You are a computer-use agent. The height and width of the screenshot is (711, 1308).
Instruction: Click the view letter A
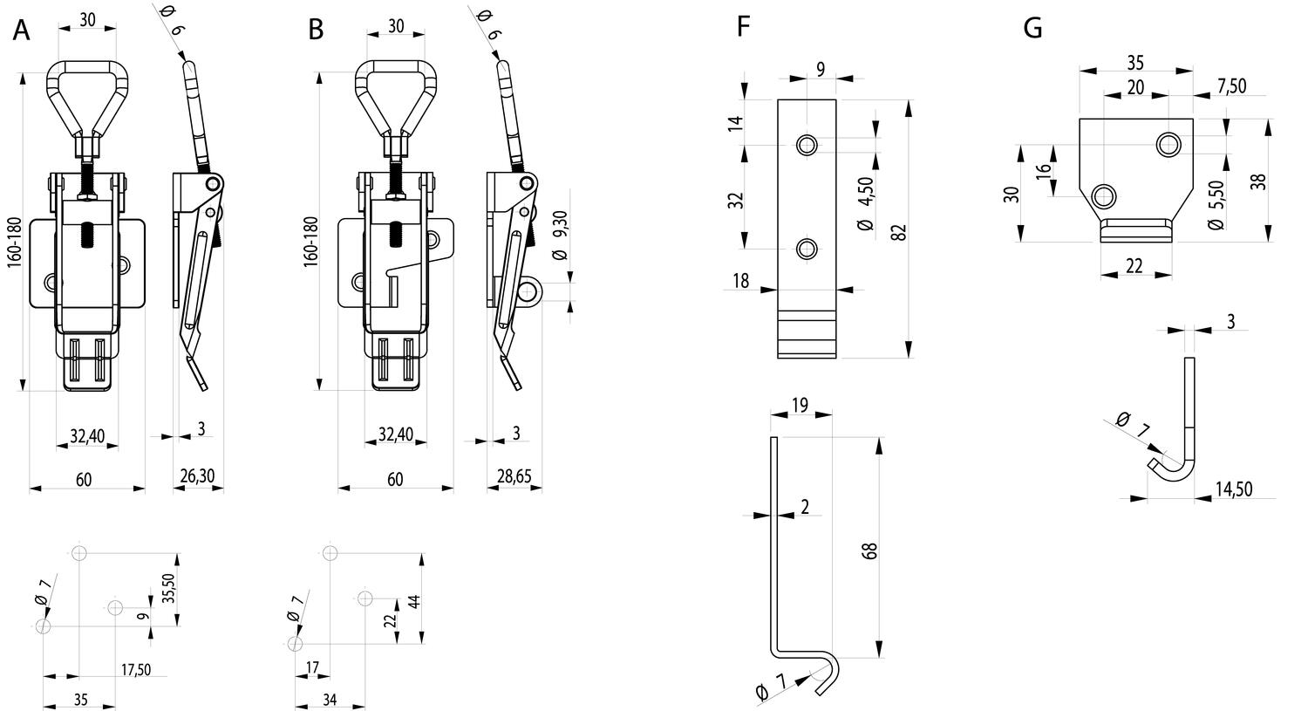click(x=22, y=30)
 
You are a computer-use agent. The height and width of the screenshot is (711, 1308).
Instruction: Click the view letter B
click(x=316, y=30)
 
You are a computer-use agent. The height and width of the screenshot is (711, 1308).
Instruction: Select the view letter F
click(x=743, y=27)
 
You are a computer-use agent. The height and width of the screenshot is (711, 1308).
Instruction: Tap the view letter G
click(x=1033, y=28)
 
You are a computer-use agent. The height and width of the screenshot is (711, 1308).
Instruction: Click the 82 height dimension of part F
click(x=900, y=232)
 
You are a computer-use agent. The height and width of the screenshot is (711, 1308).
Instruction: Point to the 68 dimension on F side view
click(x=869, y=551)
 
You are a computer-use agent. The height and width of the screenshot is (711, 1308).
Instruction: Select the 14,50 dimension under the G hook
click(x=1234, y=489)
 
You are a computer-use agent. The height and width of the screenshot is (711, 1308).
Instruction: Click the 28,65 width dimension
click(x=514, y=476)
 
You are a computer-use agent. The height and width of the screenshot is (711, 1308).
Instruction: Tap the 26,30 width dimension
click(x=197, y=476)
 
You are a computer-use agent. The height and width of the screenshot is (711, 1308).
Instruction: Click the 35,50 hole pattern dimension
click(x=168, y=588)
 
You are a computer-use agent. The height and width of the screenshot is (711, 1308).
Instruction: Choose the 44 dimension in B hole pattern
click(x=414, y=602)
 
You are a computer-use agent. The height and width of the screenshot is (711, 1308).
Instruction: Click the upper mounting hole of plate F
click(x=807, y=144)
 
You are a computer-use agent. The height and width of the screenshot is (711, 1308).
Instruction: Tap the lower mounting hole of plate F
click(x=807, y=249)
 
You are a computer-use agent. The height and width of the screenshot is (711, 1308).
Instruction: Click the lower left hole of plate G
click(x=1104, y=195)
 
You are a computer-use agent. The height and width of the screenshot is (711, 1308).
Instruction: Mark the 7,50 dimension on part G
click(x=1231, y=86)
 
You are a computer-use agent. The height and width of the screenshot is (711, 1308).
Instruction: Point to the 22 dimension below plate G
click(x=1134, y=266)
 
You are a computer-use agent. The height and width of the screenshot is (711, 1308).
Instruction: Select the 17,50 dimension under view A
click(x=136, y=669)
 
